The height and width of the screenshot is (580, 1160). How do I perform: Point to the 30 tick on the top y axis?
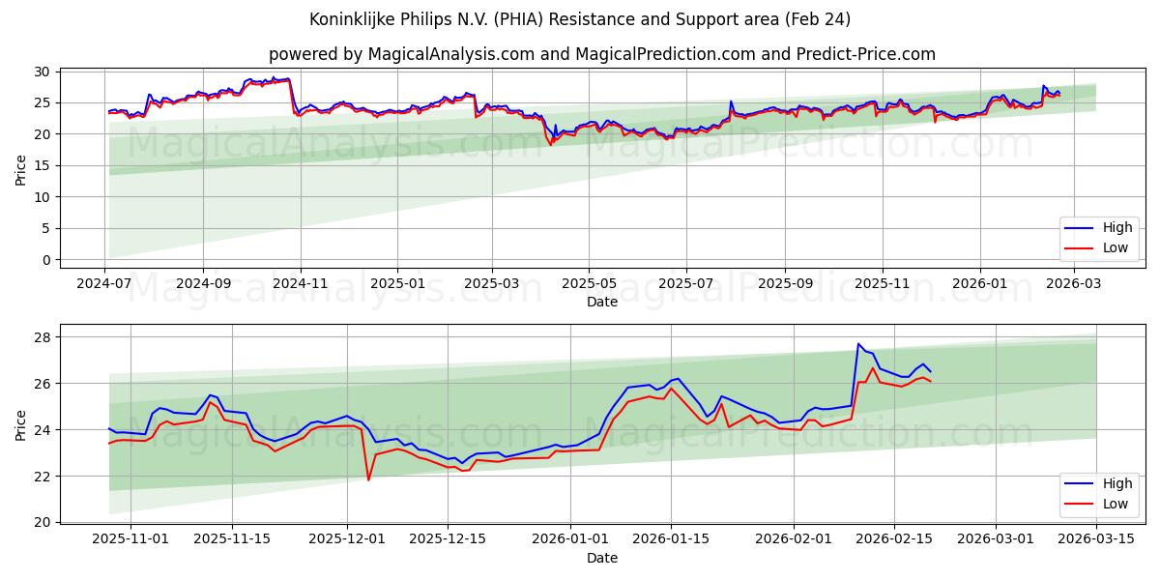point(42,71)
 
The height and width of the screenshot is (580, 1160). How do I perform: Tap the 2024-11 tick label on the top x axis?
point(301,284)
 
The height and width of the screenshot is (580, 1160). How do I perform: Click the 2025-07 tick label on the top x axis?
point(685,284)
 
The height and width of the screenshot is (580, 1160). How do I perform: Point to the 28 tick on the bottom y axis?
point(42,337)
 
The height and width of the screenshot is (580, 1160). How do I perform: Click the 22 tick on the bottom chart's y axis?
point(42,476)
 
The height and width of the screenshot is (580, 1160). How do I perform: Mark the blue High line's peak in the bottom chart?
point(857,344)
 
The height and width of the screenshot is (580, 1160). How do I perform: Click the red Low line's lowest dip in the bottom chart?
point(368,479)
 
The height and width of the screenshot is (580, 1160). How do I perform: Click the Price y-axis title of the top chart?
point(21,168)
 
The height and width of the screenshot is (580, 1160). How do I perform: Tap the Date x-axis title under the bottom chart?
point(601,558)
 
